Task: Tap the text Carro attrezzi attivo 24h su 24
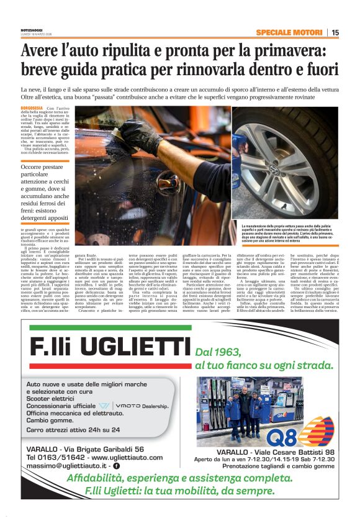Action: pyautogui.click(x=73, y=429)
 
